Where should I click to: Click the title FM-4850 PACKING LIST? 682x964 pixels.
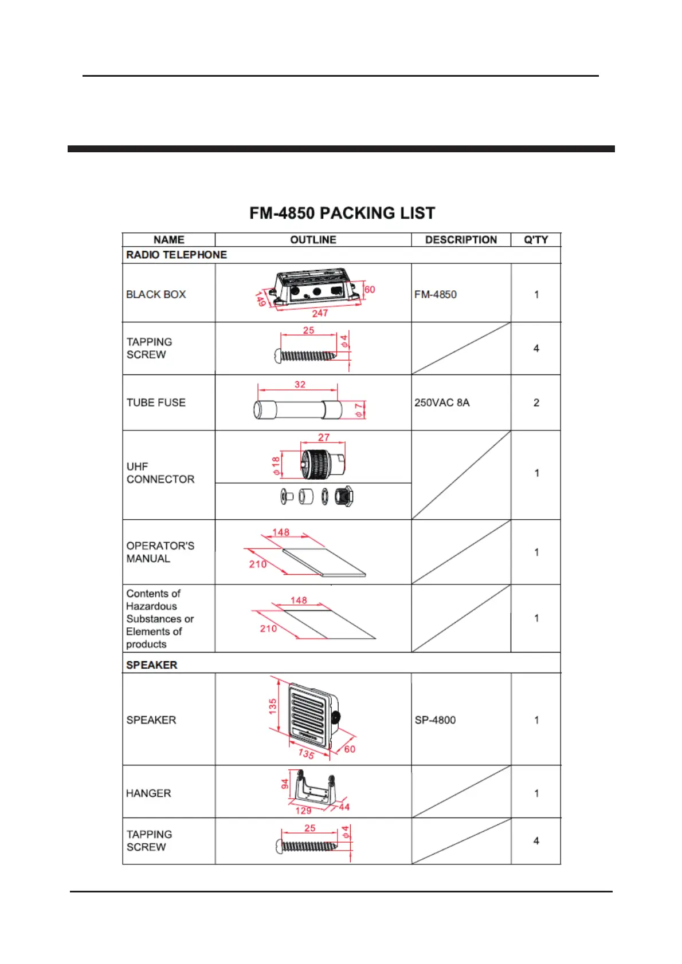(x=342, y=213)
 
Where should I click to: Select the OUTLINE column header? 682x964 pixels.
(x=313, y=240)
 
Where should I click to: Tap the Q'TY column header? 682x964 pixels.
(x=536, y=240)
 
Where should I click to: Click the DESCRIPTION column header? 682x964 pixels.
(x=461, y=240)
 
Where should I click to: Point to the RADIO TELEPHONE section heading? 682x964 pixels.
(x=177, y=255)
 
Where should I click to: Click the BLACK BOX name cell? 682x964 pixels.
(x=156, y=294)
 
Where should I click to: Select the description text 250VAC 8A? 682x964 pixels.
(x=442, y=402)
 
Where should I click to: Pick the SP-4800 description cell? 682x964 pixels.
(x=435, y=720)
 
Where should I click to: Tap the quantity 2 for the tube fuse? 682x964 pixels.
(x=536, y=402)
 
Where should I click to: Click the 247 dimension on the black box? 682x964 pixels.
(x=320, y=313)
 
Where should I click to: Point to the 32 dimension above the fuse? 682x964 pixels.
(x=300, y=385)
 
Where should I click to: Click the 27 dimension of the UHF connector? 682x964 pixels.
(x=324, y=437)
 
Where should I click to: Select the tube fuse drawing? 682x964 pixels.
(x=297, y=410)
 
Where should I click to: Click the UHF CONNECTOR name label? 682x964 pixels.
(x=160, y=473)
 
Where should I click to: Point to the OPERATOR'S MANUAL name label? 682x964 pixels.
(x=160, y=552)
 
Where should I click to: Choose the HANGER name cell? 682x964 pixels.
(x=148, y=793)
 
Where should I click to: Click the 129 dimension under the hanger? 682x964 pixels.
(x=303, y=811)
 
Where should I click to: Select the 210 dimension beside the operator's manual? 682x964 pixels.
(x=258, y=564)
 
